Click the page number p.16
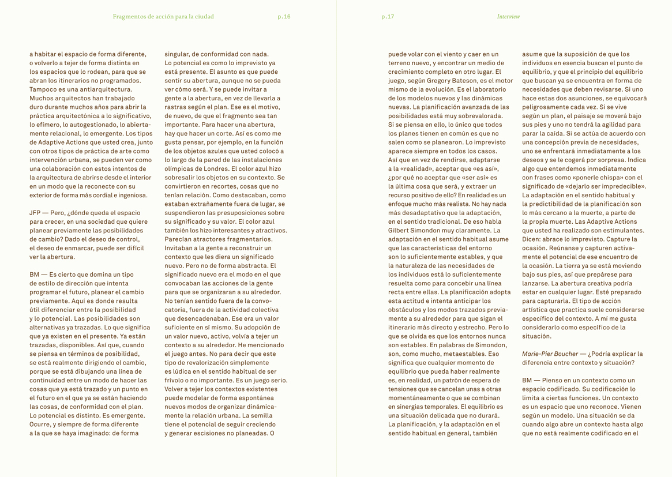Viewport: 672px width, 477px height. [x=284, y=17]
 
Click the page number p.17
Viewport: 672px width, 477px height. [x=388, y=17]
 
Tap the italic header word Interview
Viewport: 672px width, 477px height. [x=508, y=17]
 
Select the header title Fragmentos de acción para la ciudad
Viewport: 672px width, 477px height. [x=163, y=17]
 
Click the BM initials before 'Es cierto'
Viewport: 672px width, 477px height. [x=35, y=275]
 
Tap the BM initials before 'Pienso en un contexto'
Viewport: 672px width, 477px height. [x=527, y=380]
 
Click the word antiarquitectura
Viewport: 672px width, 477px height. [x=97, y=89]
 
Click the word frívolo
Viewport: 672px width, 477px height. [x=177, y=380]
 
